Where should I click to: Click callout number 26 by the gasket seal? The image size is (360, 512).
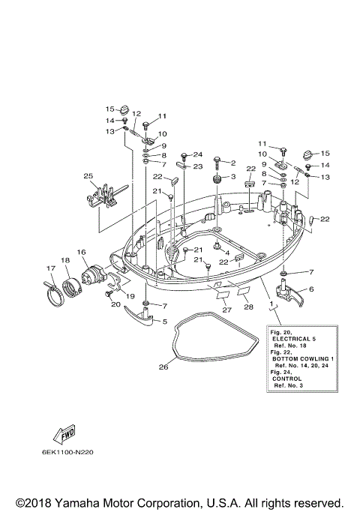point(163,367)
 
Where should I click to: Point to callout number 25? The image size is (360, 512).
point(88,176)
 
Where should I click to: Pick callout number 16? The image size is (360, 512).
point(81,253)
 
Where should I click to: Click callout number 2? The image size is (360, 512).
point(232,163)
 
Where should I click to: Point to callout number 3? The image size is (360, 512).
point(232,177)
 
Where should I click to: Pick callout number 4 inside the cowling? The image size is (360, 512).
point(226,252)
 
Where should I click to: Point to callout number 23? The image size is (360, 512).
point(198,166)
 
